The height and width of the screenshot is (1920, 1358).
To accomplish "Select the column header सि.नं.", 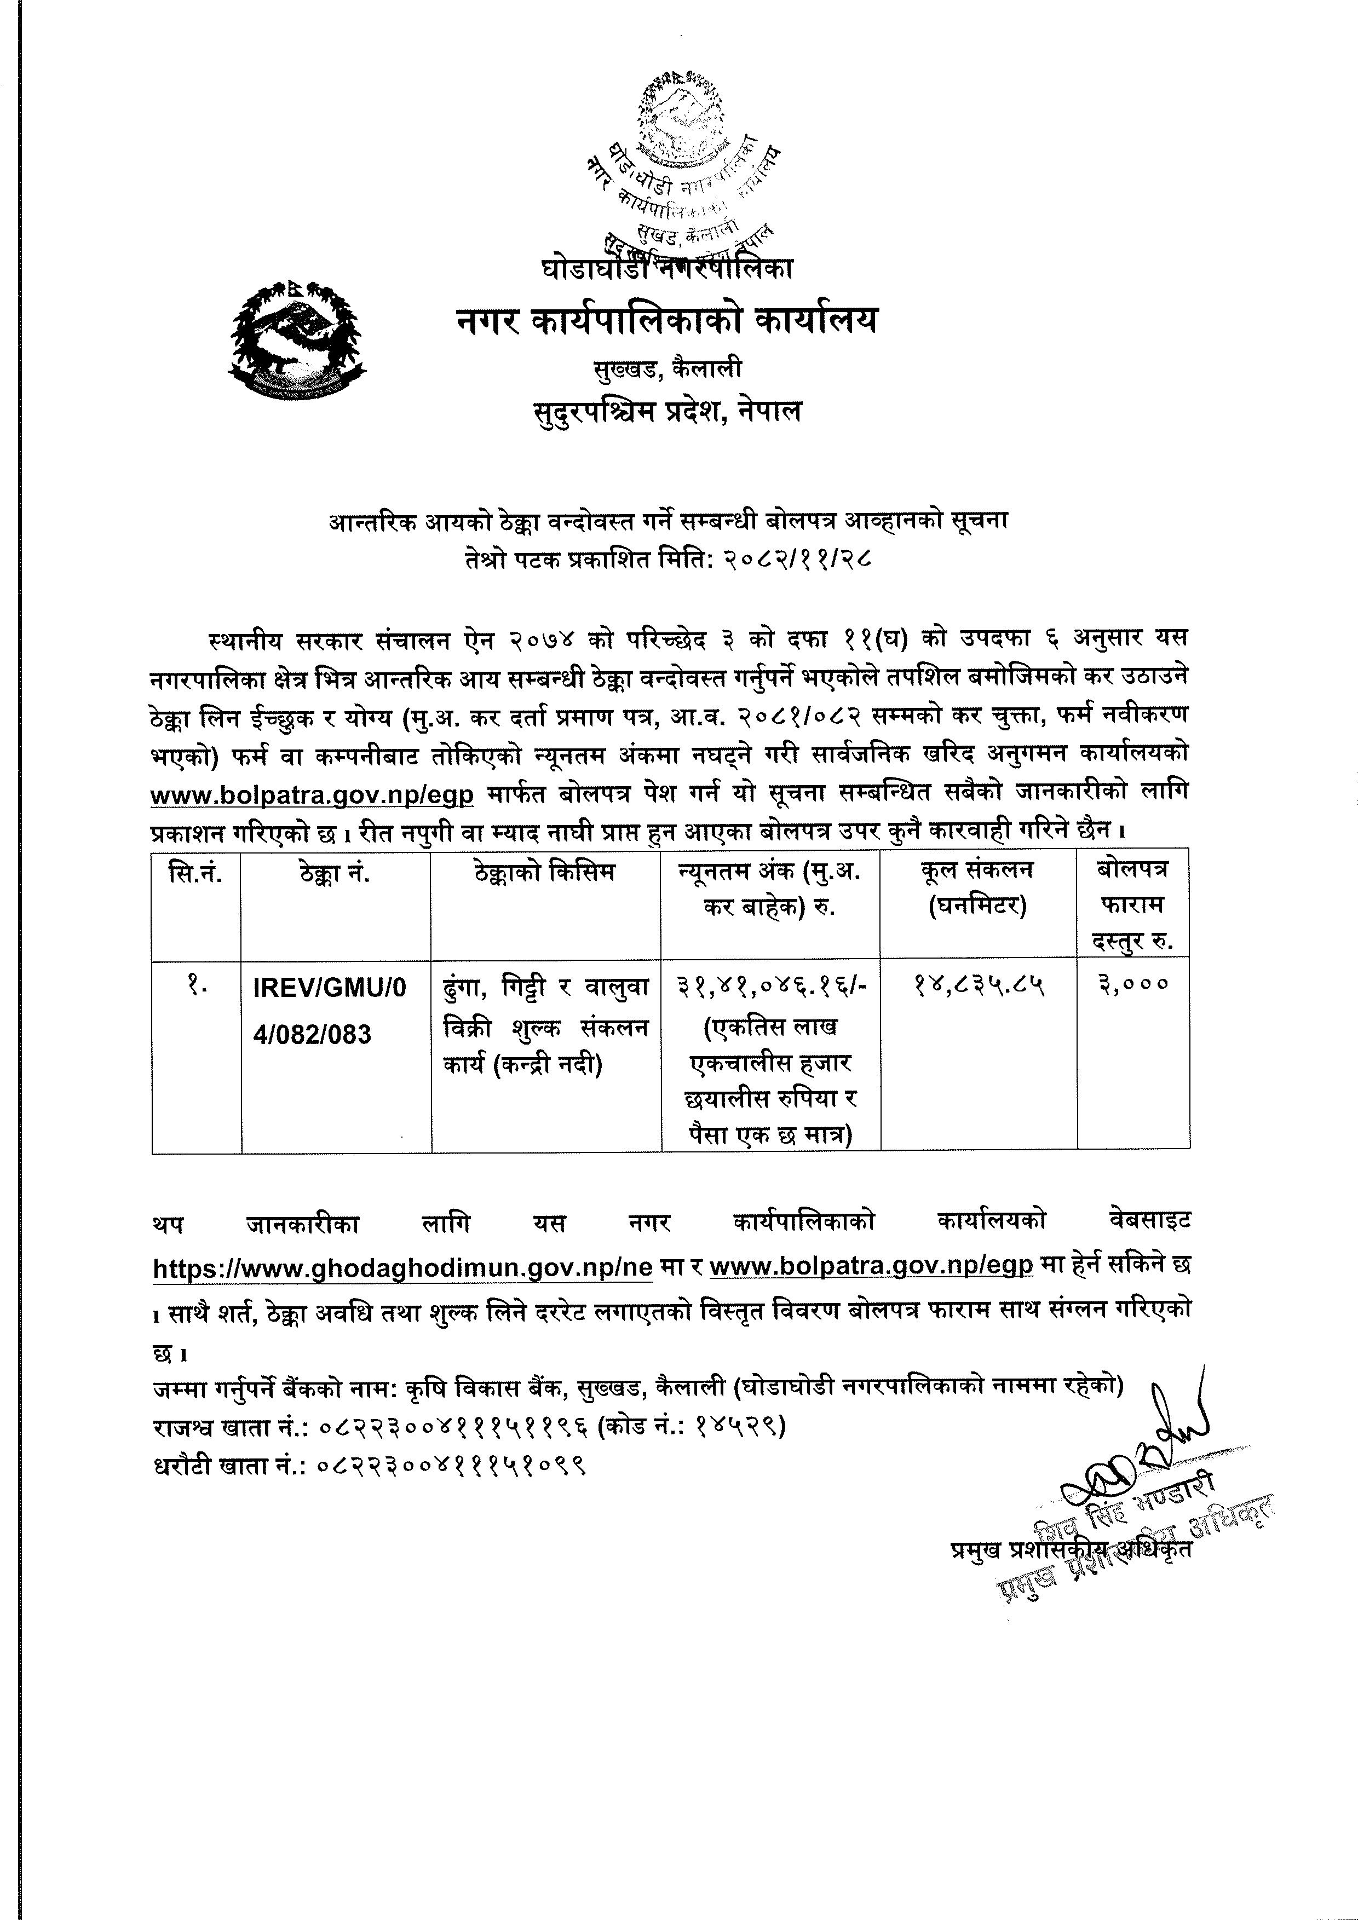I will (195, 874).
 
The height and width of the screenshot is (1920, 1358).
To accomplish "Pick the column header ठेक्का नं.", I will (335, 874).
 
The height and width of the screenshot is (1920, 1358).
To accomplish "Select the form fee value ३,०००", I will (1134, 987).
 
